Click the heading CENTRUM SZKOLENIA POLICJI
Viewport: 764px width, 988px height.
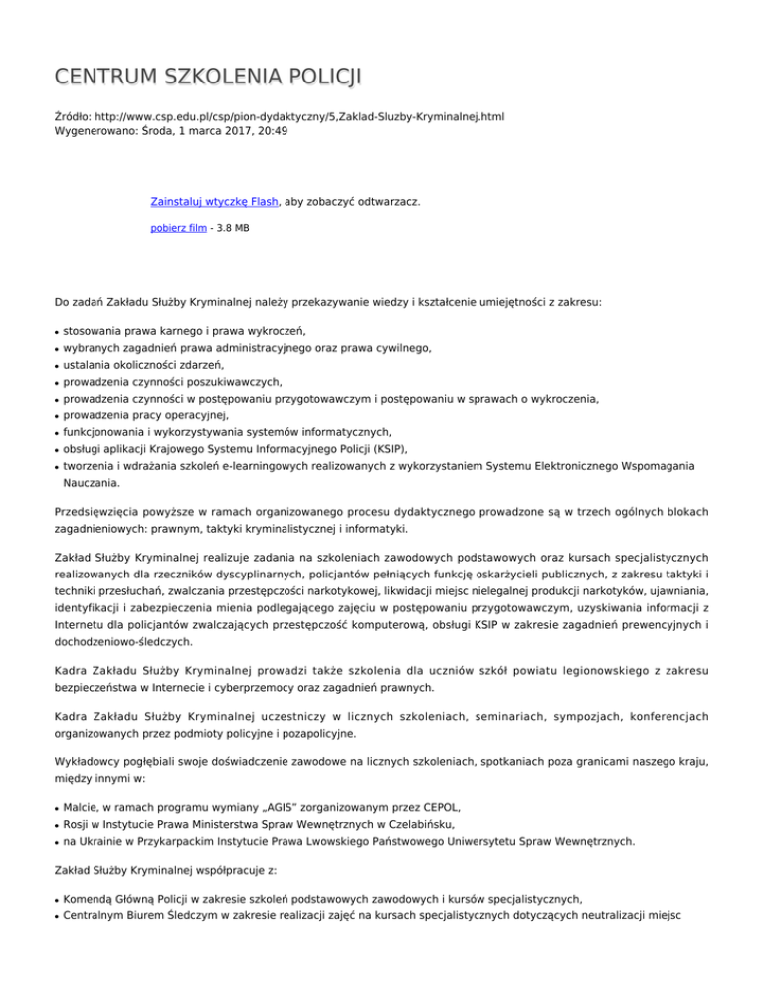pyautogui.click(x=208, y=77)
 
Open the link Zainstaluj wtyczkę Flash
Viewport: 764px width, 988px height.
pyautogui.click(x=214, y=202)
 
